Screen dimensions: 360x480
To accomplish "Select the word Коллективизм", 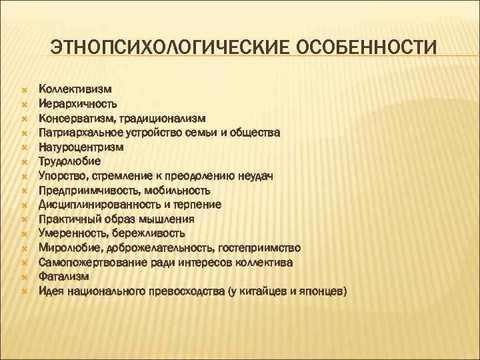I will pos(75,89).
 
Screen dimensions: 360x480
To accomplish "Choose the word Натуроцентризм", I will pos(81,147).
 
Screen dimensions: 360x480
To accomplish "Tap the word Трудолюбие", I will pos(69,161).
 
